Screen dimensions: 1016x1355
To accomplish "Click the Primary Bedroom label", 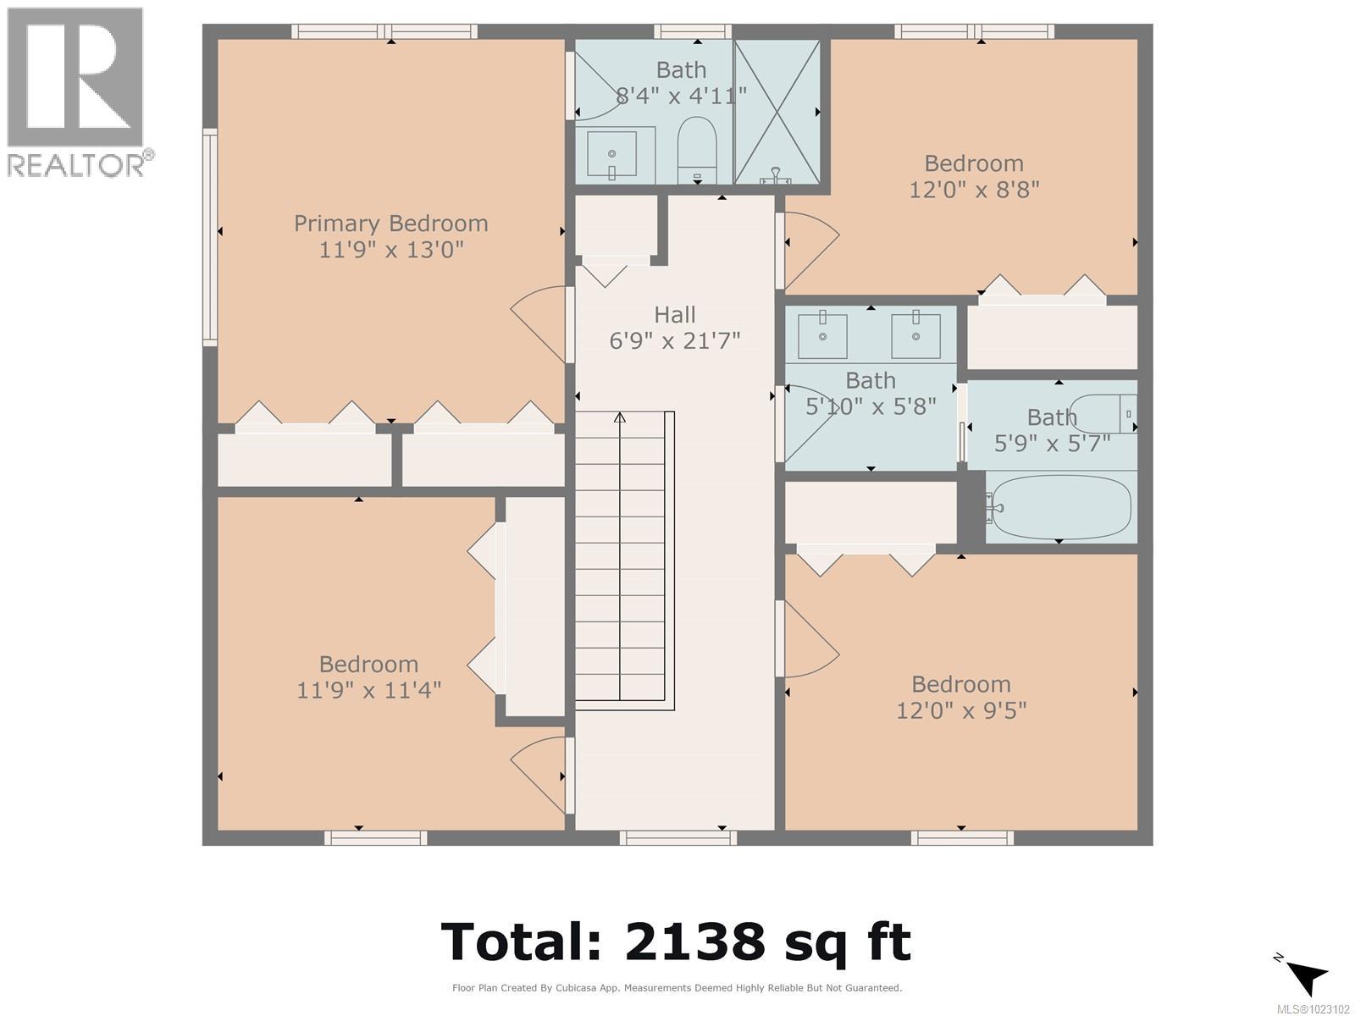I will (x=390, y=224).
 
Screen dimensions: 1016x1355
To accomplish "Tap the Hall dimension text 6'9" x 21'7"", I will (x=675, y=341).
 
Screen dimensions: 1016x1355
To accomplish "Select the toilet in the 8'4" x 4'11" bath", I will (x=697, y=148).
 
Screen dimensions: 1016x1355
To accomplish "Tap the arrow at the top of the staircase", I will (x=619, y=417).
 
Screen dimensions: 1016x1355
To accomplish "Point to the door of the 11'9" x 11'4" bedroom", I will (x=539, y=765).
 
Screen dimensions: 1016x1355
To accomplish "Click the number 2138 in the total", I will (x=694, y=941).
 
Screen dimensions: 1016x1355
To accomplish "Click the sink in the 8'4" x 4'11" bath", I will (x=611, y=155).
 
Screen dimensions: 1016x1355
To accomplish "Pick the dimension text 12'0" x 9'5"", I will (x=961, y=710).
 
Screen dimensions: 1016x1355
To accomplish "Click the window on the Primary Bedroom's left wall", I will (x=209, y=237).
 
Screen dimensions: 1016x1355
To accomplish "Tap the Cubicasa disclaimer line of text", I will (x=677, y=988).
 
